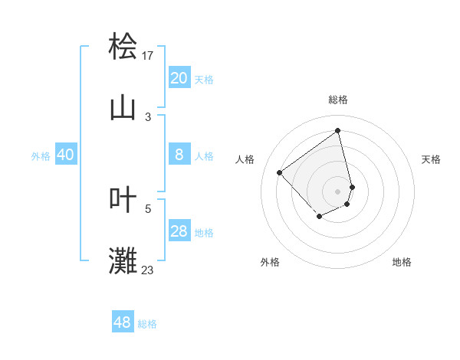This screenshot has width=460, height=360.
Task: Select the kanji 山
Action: (x=123, y=107)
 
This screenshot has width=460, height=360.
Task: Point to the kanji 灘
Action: (x=123, y=260)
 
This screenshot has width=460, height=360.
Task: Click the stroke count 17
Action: (x=148, y=55)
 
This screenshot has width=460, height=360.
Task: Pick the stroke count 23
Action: (x=148, y=270)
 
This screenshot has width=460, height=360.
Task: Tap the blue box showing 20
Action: (x=179, y=78)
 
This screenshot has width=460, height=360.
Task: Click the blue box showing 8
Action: (x=179, y=155)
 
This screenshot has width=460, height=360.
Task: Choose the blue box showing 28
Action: (x=179, y=231)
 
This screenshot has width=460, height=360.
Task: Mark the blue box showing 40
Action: (x=65, y=155)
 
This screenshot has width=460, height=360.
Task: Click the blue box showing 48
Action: (x=122, y=322)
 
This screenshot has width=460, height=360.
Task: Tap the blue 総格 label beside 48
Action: (x=147, y=324)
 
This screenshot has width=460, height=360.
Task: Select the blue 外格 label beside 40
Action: (x=41, y=156)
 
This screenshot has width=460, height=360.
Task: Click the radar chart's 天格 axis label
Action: (x=431, y=159)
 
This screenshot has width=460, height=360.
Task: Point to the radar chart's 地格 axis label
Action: (x=402, y=262)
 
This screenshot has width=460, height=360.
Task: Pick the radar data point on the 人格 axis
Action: (x=280, y=173)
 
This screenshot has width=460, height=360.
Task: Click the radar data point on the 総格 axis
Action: (x=338, y=130)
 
